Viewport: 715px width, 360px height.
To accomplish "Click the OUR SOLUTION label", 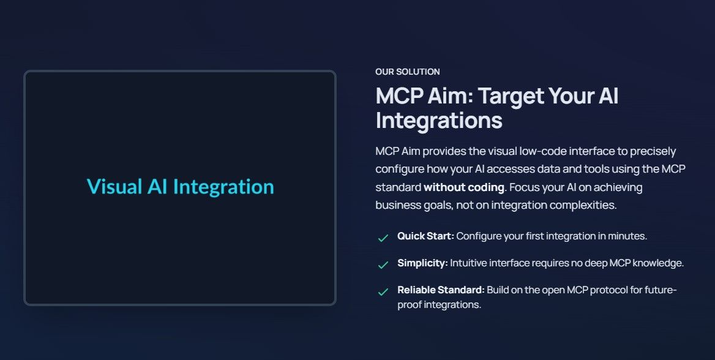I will [407, 72].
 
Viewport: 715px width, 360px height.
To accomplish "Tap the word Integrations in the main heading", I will [439, 120].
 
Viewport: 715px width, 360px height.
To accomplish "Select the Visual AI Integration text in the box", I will [180, 187].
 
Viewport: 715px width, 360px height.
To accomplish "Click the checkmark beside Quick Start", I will [383, 238].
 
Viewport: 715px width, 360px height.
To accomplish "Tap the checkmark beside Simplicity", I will [383, 264].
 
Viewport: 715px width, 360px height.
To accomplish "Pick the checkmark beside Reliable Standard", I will [383, 291].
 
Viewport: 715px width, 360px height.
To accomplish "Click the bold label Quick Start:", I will [425, 236].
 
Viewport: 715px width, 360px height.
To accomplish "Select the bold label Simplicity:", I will [422, 263].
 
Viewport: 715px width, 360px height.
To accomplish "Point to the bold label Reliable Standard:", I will [441, 290].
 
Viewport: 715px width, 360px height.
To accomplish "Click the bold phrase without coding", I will [464, 187].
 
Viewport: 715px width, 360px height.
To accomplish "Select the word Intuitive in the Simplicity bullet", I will [468, 263].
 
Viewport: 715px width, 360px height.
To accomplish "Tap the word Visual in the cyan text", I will [114, 187].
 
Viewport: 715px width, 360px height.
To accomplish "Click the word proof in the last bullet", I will [410, 304].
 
